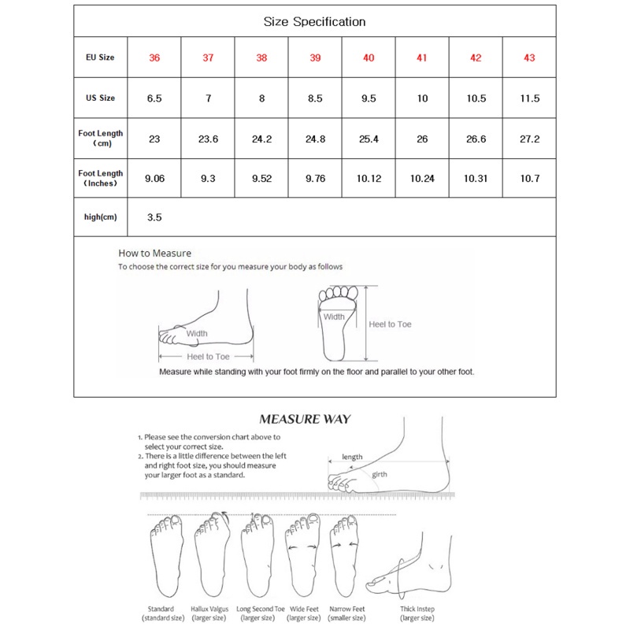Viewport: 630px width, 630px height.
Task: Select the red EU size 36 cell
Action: click(154, 58)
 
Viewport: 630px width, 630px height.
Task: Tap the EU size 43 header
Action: click(529, 58)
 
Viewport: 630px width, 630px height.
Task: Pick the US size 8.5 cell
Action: click(315, 98)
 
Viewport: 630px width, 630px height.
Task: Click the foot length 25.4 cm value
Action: click(369, 139)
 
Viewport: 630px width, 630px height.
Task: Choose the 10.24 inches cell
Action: click(422, 179)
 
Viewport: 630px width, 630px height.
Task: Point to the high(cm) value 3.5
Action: click(154, 217)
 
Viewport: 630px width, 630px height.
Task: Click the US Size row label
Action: click(100, 98)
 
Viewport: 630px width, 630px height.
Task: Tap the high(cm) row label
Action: click(100, 217)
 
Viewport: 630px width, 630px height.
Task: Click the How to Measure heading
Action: click(155, 254)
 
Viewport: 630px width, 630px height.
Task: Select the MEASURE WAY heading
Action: click(305, 419)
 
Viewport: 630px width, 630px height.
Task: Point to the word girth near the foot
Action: click(380, 474)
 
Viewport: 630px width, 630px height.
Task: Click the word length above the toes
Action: click(352, 457)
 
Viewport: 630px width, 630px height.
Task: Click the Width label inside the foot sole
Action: click(334, 317)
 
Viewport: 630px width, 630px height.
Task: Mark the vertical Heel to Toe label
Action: click(391, 324)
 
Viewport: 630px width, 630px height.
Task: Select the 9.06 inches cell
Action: click(154, 179)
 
